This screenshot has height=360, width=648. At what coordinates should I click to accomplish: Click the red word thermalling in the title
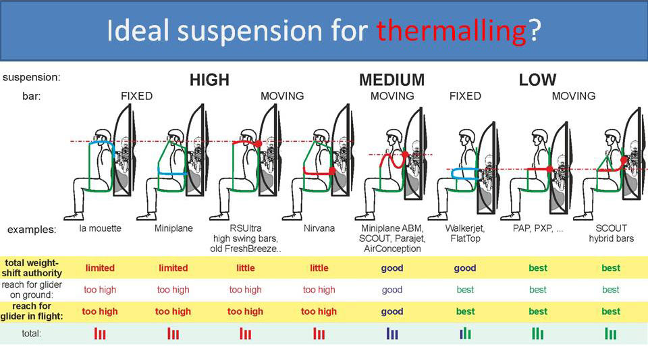[x=451, y=30]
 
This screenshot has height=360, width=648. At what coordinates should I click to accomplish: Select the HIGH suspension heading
[x=209, y=80]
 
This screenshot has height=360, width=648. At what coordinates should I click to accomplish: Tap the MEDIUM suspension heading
[x=391, y=80]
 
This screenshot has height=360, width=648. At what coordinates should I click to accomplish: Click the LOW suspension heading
[x=537, y=80]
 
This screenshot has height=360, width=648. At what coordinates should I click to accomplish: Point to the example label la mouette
[x=100, y=228]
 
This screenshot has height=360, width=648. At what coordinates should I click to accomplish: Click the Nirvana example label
[x=319, y=228]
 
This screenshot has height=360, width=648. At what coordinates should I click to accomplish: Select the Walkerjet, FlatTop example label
[x=464, y=233]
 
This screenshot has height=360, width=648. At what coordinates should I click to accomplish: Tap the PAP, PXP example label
[x=537, y=228]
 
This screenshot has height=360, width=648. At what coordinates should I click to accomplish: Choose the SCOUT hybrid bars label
[x=610, y=233]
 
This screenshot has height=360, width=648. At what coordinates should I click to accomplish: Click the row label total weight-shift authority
[x=33, y=267]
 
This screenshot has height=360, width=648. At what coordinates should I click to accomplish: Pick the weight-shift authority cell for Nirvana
[x=319, y=268]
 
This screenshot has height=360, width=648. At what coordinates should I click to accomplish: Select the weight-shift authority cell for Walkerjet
[x=464, y=268]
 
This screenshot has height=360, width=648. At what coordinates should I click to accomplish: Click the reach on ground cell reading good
[x=391, y=290]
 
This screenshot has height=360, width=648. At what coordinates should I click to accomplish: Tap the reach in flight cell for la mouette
[x=100, y=311]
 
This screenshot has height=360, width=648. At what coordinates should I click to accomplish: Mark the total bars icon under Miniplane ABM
[x=391, y=333]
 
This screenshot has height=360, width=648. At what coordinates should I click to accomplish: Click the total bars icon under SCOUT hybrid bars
[x=610, y=333]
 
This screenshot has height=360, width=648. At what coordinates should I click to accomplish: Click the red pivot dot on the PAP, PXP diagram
[x=550, y=169]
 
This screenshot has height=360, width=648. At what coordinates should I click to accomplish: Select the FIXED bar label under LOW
[x=464, y=97]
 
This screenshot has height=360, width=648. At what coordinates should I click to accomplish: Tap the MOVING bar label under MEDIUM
[x=391, y=97]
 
